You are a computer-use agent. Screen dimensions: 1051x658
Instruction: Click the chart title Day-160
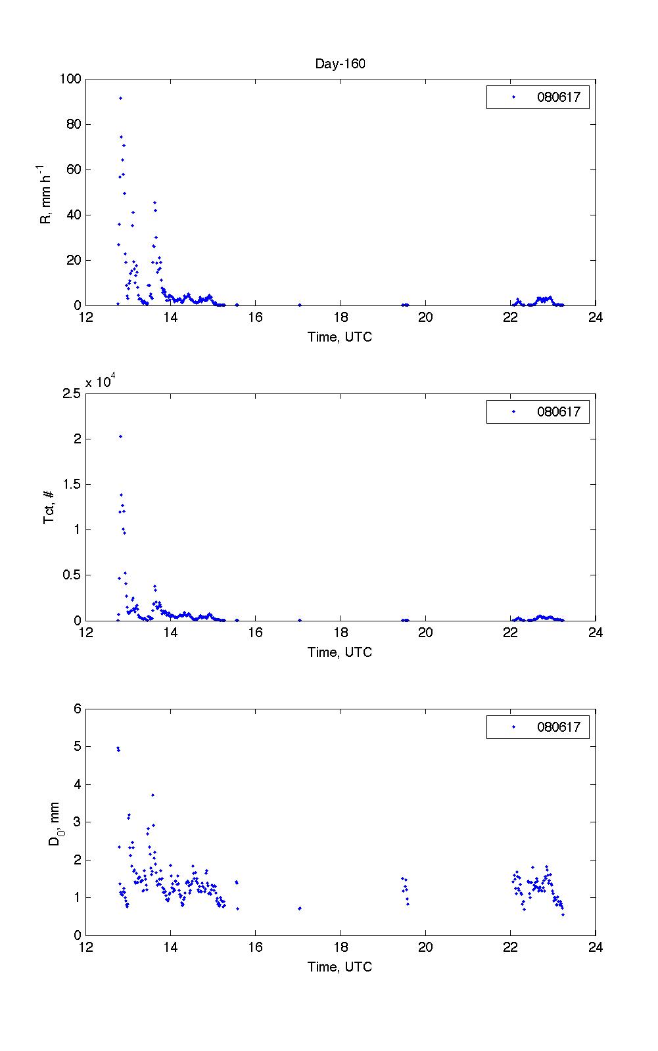(340, 64)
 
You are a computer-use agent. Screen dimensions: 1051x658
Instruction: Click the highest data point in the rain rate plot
(120, 98)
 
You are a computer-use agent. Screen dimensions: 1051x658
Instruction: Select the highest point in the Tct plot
(120, 436)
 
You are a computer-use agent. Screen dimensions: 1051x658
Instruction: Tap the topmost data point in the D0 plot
(118, 748)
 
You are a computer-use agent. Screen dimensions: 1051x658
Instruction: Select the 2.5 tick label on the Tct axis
(72, 393)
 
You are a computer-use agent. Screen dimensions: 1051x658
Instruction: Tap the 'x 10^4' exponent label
(100, 382)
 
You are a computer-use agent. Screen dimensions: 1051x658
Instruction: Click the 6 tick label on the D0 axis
(77, 708)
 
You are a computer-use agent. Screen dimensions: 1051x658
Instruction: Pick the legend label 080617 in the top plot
(559, 97)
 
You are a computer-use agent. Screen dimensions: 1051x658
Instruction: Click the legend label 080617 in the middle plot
(559, 412)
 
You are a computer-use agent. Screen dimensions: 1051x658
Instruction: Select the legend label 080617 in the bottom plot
(559, 727)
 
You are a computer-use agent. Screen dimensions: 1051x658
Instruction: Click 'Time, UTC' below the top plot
(340, 337)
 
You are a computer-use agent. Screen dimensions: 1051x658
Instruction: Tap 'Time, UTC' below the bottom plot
(340, 966)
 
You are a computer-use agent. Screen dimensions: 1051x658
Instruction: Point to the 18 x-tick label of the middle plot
(340, 633)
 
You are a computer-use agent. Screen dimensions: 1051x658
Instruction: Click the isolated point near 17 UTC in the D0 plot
(300, 908)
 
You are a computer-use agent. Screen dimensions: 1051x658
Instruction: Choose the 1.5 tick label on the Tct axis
(72, 484)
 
